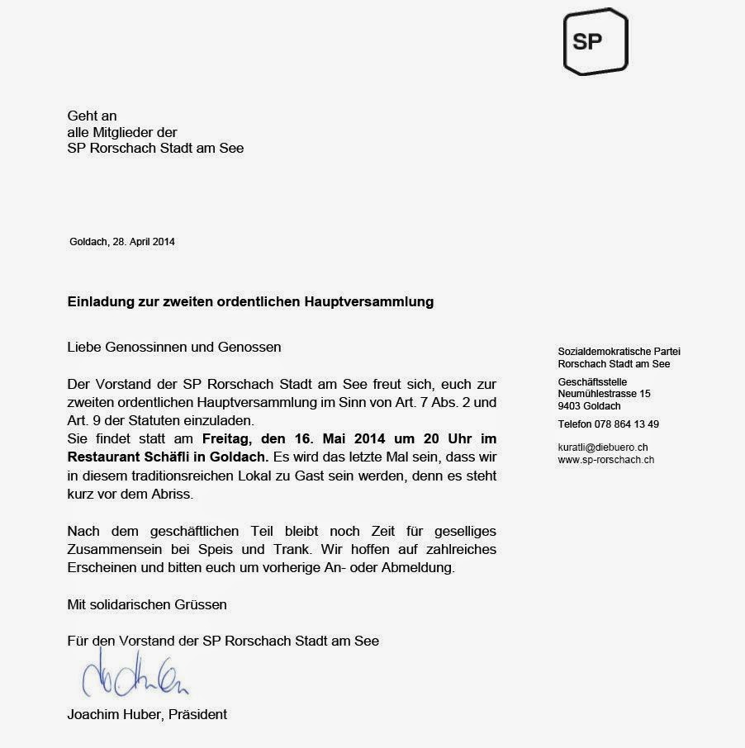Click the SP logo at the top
click(595, 41)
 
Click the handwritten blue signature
click(136, 677)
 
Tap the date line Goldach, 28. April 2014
click(122, 242)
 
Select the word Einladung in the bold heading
click(98, 301)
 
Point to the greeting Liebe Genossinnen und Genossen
click(173, 347)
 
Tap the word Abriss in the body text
click(196, 493)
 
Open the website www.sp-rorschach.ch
click(606, 459)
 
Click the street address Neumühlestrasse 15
click(604, 394)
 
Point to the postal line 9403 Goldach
click(589, 406)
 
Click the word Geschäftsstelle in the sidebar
click(592, 381)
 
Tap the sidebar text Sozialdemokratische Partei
click(619, 352)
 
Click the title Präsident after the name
click(197, 714)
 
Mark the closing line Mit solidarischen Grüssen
click(146, 604)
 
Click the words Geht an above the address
click(92, 116)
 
